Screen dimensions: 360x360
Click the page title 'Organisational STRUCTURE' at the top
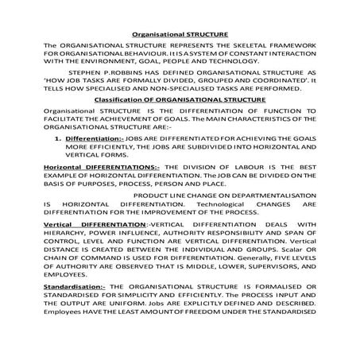coord(180,34)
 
